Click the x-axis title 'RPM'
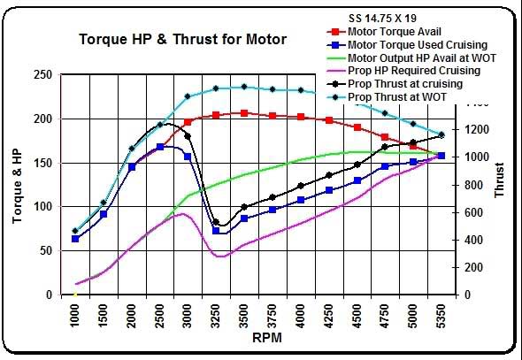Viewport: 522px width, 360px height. tap(262, 337)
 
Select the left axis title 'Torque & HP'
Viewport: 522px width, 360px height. tap(17, 184)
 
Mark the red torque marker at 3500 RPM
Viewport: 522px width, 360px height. tap(244, 113)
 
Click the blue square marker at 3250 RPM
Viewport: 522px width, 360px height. tap(216, 231)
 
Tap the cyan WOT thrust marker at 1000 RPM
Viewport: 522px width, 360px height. tap(75, 231)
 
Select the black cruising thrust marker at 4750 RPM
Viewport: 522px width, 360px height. tap(385, 147)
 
